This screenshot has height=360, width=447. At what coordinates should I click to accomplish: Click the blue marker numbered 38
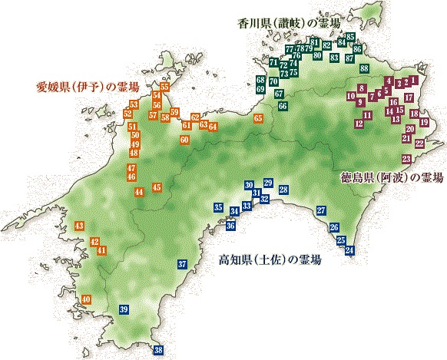(x=158, y=350)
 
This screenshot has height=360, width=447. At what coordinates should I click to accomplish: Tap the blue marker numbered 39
(x=124, y=309)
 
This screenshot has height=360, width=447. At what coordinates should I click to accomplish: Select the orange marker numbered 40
(x=86, y=299)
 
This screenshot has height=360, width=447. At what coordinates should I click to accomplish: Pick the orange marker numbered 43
(x=80, y=226)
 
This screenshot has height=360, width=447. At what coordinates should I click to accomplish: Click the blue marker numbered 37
(x=182, y=264)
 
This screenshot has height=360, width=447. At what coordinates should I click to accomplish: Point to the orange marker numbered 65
(x=258, y=118)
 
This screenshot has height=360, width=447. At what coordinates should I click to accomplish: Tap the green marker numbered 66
(x=283, y=105)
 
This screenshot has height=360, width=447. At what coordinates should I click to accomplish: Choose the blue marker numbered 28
(x=283, y=190)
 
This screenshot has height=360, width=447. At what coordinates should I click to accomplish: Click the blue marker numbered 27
(x=321, y=210)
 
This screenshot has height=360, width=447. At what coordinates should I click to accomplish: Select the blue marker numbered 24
(x=350, y=251)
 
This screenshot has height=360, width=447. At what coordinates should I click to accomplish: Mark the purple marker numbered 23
(x=406, y=158)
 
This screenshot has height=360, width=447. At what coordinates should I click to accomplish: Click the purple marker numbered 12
(x=359, y=123)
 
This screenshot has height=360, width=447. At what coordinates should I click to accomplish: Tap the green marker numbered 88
(x=365, y=68)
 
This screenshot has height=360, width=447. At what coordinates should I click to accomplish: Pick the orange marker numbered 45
(x=157, y=187)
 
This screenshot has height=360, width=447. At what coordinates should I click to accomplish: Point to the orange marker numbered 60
(x=184, y=140)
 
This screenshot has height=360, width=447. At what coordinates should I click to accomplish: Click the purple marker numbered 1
(x=416, y=79)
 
